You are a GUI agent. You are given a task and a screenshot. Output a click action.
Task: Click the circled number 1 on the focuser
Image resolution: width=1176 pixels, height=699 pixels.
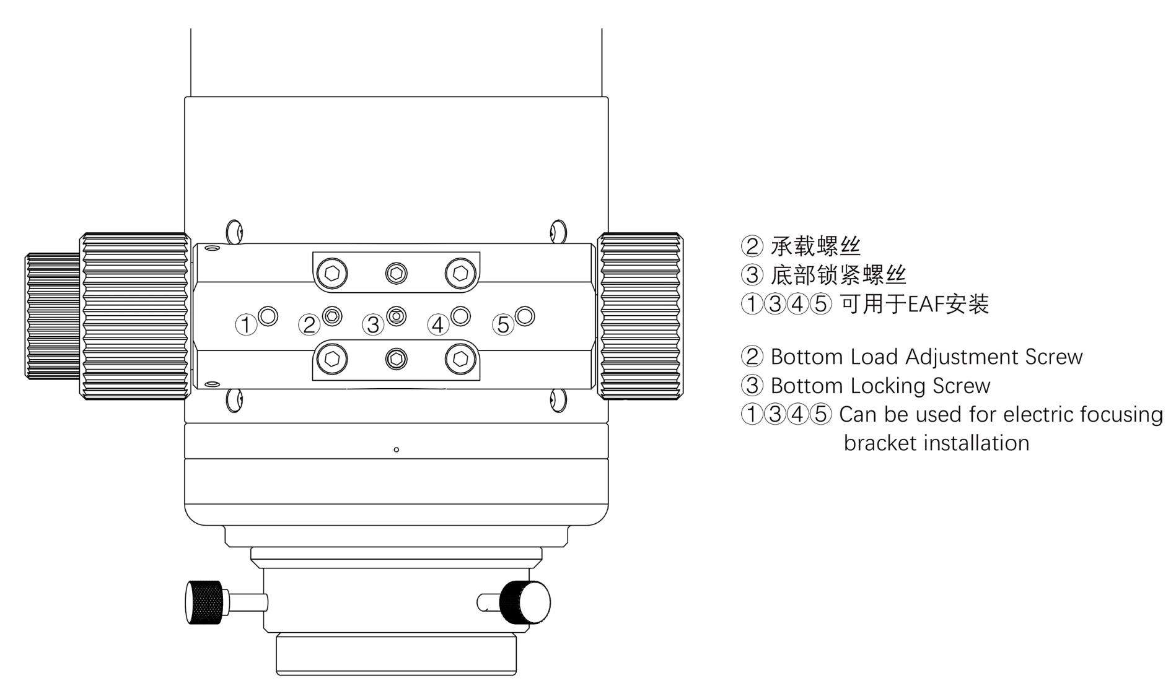pyautogui.click(x=246, y=324)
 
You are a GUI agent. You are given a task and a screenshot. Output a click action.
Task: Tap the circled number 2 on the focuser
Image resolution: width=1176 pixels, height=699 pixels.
pyautogui.click(x=309, y=324)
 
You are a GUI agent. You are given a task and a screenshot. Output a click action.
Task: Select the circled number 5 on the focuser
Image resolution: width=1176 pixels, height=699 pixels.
pyautogui.click(x=503, y=324)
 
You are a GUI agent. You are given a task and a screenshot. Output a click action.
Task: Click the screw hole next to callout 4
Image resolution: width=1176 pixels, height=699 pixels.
pyautogui.click(x=460, y=316)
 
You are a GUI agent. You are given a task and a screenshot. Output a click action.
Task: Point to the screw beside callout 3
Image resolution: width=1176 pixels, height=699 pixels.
pyautogui.click(x=397, y=316)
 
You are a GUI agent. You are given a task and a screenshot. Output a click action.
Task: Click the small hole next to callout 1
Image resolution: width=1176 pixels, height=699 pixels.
pyautogui.click(x=268, y=316)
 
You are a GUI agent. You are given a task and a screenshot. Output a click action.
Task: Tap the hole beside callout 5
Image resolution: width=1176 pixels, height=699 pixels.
pyautogui.click(x=525, y=316)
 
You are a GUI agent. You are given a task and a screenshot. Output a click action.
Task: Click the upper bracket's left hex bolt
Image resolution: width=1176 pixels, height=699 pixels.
pyautogui.click(x=332, y=273)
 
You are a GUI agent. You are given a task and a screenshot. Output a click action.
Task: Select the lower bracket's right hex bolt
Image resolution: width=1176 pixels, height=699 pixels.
pyautogui.click(x=460, y=359)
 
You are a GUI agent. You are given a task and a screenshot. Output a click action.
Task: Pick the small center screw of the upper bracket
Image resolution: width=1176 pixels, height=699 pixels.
pyautogui.click(x=397, y=273)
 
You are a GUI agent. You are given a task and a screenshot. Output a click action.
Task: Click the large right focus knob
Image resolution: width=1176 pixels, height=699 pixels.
pyautogui.click(x=640, y=316)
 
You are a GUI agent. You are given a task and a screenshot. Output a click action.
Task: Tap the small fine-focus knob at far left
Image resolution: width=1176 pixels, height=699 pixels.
pyautogui.click(x=53, y=316)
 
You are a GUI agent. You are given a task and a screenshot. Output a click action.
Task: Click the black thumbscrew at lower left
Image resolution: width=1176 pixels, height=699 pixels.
pyautogui.click(x=204, y=602)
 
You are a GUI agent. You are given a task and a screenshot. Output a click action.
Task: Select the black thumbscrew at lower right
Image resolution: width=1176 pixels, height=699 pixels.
pyautogui.click(x=525, y=602)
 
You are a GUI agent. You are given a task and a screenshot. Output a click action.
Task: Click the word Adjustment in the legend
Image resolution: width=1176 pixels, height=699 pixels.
pyautogui.click(x=962, y=357)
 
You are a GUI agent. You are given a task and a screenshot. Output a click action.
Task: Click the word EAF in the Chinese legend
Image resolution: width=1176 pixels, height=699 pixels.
pyautogui.click(x=923, y=304)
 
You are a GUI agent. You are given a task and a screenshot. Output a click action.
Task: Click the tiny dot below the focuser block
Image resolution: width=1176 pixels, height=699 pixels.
pyautogui.click(x=397, y=449)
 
